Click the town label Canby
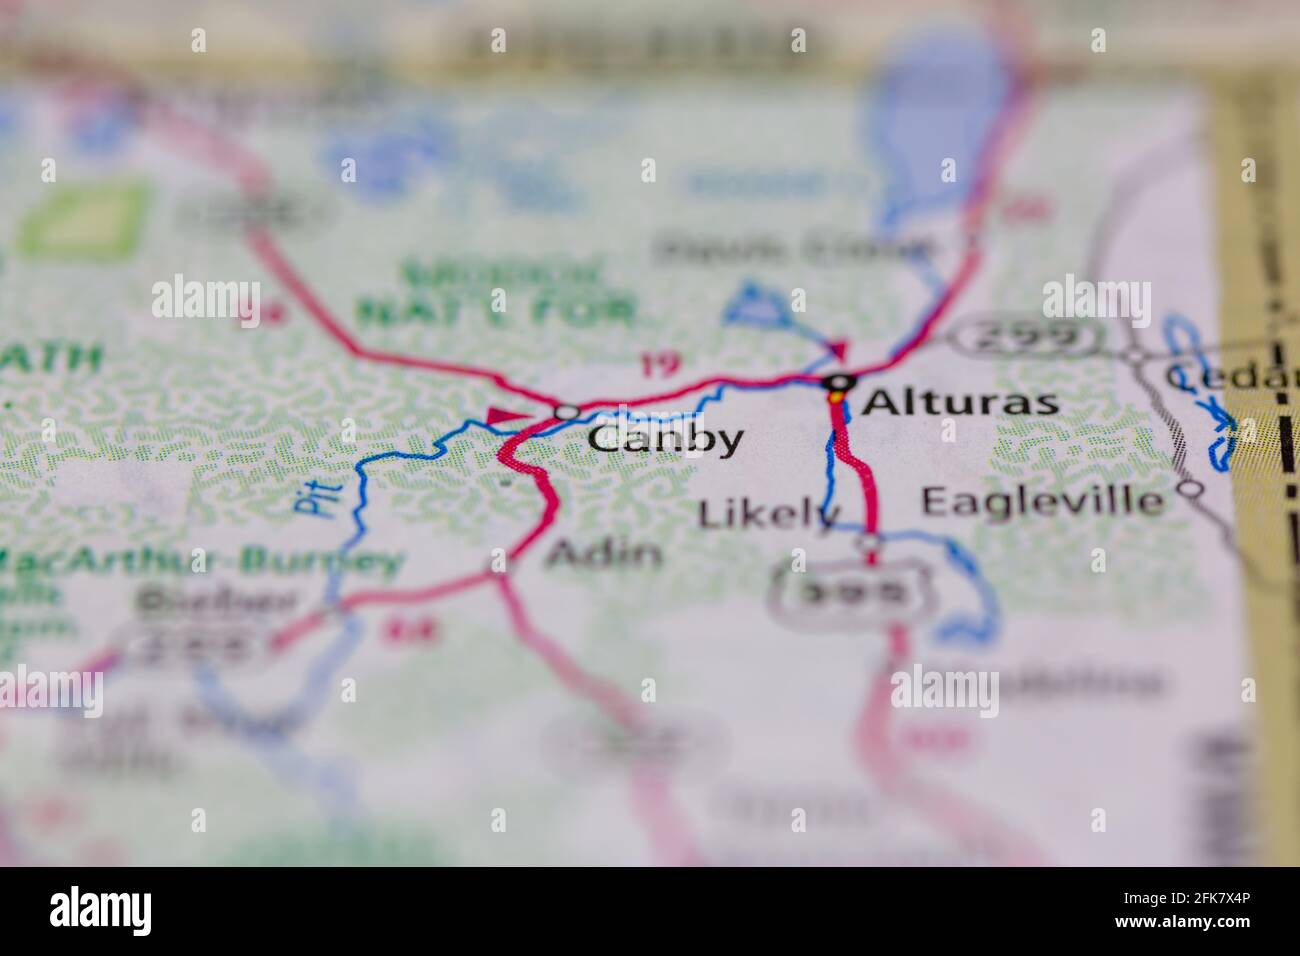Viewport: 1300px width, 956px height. (665, 439)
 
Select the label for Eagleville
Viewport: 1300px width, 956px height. (1043, 500)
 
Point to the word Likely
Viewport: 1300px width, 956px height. (766, 514)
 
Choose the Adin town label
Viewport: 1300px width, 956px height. (604, 553)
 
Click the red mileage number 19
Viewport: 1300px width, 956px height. (658, 365)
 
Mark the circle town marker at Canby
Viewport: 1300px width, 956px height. (567, 412)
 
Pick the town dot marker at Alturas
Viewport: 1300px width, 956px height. (838, 381)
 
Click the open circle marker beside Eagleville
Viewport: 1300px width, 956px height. (1190, 489)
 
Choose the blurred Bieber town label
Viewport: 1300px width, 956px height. (216, 603)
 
